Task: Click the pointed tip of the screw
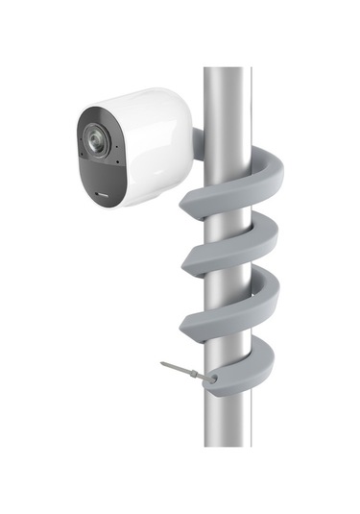[x=163, y=364]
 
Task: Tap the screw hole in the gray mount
[x=212, y=379]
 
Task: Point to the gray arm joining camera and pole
[x=198, y=144]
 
